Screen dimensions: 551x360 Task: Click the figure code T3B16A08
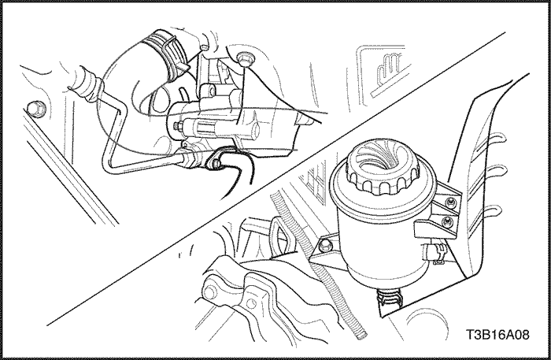coord(497,335)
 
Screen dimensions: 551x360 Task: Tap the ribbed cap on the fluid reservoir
coord(383,167)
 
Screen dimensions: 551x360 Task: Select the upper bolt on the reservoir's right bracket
coord(450,202)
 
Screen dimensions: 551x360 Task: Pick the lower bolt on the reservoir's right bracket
coord(447,222)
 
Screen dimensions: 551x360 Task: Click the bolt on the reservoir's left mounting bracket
coord(325,245)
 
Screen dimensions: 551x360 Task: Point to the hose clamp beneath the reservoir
coord(390,299)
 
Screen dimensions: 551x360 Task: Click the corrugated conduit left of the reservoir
coord(316,260)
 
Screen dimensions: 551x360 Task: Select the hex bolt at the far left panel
coord(36,109)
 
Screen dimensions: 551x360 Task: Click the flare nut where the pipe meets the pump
coord(189,158)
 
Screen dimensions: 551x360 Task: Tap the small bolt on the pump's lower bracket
coord(215,163)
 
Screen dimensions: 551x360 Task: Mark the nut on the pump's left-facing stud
coord(176,125)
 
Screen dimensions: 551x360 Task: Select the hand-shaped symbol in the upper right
coord(390,68)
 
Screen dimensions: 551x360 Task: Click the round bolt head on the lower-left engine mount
coord(210,292)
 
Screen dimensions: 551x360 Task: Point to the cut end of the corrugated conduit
coord(362,336)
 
